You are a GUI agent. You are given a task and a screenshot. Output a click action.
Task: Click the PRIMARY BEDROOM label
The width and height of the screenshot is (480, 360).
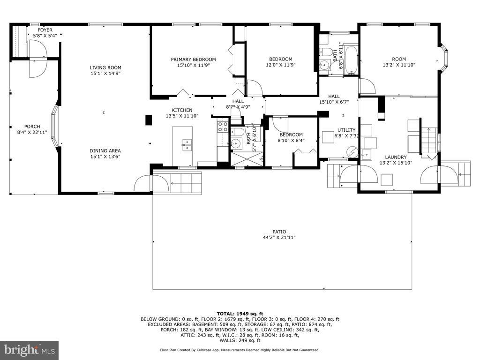pos(193,60)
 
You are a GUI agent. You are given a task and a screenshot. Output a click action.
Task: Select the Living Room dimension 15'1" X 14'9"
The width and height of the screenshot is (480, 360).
pos(105,74)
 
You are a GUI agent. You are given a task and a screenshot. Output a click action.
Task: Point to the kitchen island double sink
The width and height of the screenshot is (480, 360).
pos(187,145)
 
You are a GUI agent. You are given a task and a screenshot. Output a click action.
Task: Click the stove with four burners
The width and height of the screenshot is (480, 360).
pos(223,127)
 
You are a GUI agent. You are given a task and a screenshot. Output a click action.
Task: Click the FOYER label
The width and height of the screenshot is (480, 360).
pos(45,30)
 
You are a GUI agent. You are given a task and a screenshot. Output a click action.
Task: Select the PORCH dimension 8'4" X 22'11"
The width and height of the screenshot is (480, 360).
pos(32,132)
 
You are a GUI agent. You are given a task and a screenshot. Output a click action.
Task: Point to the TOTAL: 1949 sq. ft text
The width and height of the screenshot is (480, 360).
pos(240,314)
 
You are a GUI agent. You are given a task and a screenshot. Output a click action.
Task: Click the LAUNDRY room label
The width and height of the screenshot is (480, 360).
pos(396,157)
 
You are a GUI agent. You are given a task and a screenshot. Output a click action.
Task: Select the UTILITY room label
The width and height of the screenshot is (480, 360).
pos(346,130)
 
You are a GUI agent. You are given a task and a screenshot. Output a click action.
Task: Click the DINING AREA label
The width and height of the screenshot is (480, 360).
pos(105,150)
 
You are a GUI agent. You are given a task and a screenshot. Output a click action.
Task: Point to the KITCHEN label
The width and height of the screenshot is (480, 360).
pos(182,110)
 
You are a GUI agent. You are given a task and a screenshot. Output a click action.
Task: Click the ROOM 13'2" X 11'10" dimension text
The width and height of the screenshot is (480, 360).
pos(399,65)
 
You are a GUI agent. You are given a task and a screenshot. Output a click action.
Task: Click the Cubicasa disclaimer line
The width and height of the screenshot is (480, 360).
pos(240,350)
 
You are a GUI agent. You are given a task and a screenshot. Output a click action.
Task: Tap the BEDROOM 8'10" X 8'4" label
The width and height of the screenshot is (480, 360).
pos(291,137)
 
